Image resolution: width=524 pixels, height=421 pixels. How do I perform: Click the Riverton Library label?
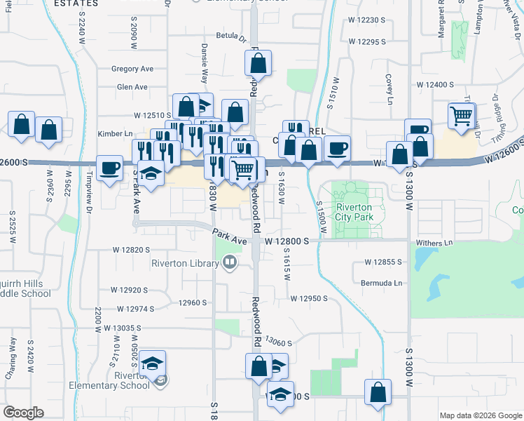(186, 264)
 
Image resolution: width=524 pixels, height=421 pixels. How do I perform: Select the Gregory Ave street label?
(132, 69)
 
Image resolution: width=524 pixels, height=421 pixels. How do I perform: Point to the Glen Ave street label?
(132, 87)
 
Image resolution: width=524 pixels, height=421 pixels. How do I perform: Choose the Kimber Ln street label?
(116, 133)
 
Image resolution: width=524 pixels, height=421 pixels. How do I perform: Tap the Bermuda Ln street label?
(384, 283)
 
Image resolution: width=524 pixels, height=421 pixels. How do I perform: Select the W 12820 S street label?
(131, 249)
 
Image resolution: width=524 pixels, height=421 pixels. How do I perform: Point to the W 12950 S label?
(309, 298)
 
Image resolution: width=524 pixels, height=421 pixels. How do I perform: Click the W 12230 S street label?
(367, 20)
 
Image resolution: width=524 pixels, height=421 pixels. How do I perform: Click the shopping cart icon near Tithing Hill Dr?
(462, 116)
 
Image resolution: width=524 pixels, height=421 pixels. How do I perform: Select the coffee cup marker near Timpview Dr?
(109, 168)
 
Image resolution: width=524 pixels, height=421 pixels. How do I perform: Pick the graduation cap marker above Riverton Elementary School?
(152, 364)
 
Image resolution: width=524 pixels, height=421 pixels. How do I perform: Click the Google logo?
(24, 413)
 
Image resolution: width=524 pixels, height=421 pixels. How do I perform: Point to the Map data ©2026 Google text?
(481, 415)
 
